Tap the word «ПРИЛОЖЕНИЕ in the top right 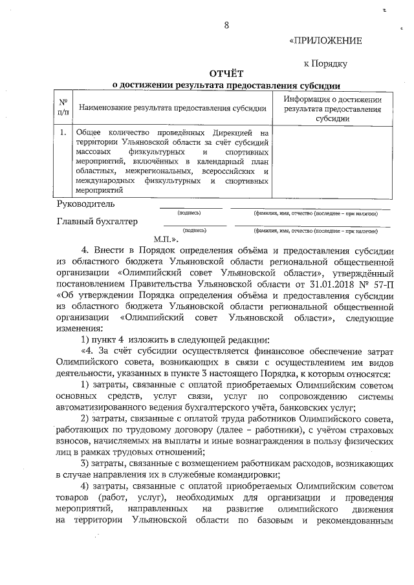(325, 41)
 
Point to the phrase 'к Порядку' (326, 63)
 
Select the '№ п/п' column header (63, 107)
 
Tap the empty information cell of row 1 (331, 162)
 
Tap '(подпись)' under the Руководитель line (190, 213)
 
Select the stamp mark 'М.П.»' (166, 238)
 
